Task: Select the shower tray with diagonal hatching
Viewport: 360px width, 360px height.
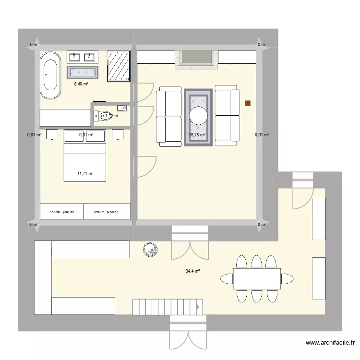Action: point(118,66)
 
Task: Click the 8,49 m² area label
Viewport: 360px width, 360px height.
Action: point(81,84)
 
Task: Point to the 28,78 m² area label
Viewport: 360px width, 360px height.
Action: point(196,135)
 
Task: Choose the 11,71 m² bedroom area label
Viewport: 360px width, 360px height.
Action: point(85,174)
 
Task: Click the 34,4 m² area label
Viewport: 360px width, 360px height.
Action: point(192,271)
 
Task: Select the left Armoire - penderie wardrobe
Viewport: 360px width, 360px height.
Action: point(61,212)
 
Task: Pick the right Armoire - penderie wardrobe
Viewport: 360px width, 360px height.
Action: point(107,212)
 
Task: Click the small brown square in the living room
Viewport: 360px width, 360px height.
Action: point(248,103)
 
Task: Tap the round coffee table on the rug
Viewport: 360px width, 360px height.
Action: point(198,116)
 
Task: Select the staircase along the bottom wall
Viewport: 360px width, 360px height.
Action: point(167,303)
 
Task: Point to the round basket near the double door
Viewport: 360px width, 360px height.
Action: point(150,250)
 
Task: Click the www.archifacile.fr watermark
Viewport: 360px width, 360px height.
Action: point(330,343)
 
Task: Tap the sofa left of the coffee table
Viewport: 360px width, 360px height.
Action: point(167,116)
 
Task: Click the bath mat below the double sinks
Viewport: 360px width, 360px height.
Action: point(82,72)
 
